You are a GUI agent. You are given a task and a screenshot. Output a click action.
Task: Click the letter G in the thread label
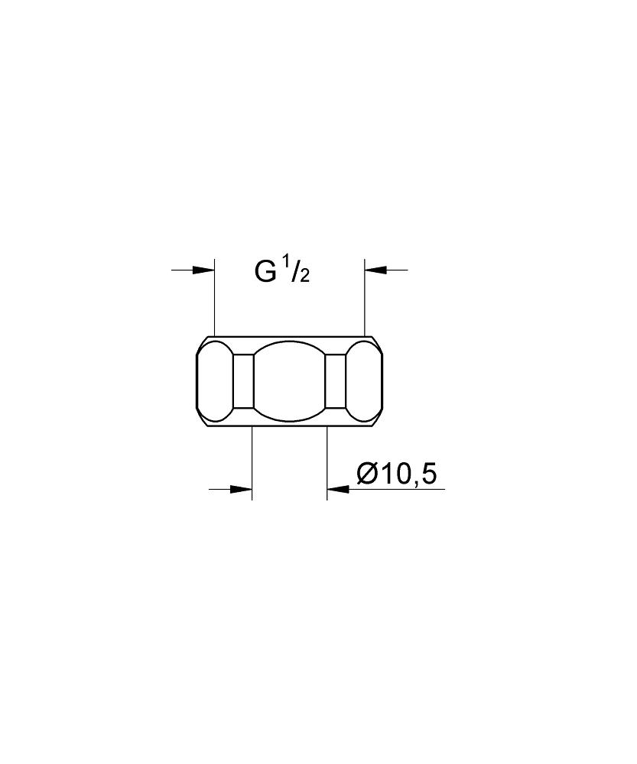click(x=265, y=271)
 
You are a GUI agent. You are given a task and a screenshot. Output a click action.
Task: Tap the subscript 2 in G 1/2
click(x=304, y=277)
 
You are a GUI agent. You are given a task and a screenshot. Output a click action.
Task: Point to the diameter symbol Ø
click(x=367, y=474)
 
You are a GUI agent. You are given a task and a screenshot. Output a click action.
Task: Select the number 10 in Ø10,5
click(x=396, y=474)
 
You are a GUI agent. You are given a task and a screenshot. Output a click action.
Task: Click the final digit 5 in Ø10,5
click(x=427, y=474)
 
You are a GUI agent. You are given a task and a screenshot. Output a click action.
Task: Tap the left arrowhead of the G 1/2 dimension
click(x=203, y=270)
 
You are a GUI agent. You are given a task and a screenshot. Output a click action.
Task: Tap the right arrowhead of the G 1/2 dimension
click(x=375, y=270)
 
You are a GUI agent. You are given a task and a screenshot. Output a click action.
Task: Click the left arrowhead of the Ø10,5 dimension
click(x=240, y=488)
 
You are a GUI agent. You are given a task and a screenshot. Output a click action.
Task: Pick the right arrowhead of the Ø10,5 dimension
click(x=338, y=488)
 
